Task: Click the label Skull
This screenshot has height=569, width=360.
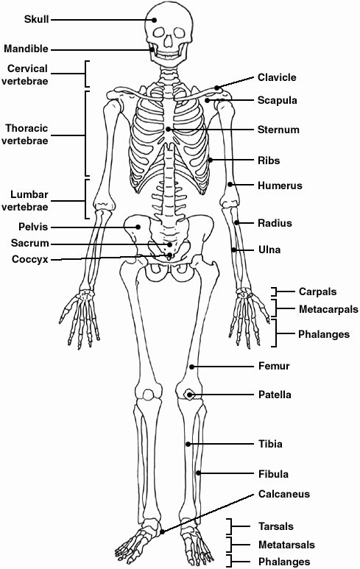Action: (x=36, y=19)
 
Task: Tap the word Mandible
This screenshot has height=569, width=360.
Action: (x=26, y=49)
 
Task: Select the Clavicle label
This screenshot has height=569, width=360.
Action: (x=277, y=77)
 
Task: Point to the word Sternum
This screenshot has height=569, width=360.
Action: (x=278, y=130)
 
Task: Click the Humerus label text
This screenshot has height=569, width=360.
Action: (x=280, y=185)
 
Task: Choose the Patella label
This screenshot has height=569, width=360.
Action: (x=275, y=395)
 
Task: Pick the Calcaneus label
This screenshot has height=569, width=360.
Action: (x=284, y=494)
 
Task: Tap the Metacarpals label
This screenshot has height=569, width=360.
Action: (x=328, y=309)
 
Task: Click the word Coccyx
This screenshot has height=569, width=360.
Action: (x=29, y=259)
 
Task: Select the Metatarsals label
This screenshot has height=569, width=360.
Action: (x=286, y=545)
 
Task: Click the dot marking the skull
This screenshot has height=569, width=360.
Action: (x=155, y=20)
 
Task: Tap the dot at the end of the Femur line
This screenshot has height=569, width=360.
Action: (x=191, y=367)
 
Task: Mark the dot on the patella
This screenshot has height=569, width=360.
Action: (x=189, y=395)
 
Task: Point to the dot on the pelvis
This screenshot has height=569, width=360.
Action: (x=138, y=227)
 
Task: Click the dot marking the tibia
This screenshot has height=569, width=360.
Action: (x=188, y=444)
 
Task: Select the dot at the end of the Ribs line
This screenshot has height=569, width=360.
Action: (x=210, y=160)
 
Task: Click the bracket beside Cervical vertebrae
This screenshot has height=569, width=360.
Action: (x=86, y=74)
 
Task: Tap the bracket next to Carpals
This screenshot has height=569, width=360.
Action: (x=275, y=291)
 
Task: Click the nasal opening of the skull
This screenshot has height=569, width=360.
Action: (x=169, y=41)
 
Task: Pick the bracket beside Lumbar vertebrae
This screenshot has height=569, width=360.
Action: (x=86, y=199)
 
